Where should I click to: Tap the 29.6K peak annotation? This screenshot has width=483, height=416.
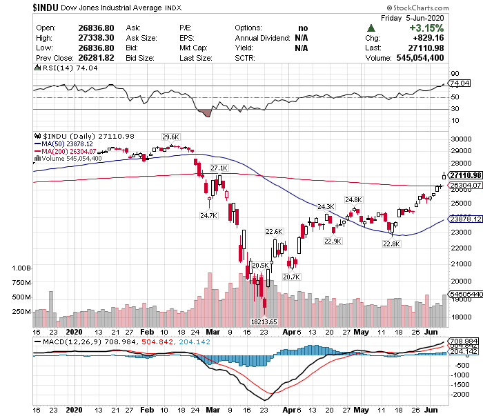(x=170, y=137)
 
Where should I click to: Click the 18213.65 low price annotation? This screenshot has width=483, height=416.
(x=264, y=321)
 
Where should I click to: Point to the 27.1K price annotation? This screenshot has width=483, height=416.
(x=219, y=168)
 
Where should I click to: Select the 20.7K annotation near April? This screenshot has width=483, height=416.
(x=291, y=277)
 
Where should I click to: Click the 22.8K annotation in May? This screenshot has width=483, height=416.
(x=391, y=244)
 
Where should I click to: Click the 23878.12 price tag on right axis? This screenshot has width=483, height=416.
(x=464, y=219)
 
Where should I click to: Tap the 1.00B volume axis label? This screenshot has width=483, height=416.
(x=22, y=268)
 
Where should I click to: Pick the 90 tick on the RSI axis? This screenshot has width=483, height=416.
(x=455, y=73)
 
